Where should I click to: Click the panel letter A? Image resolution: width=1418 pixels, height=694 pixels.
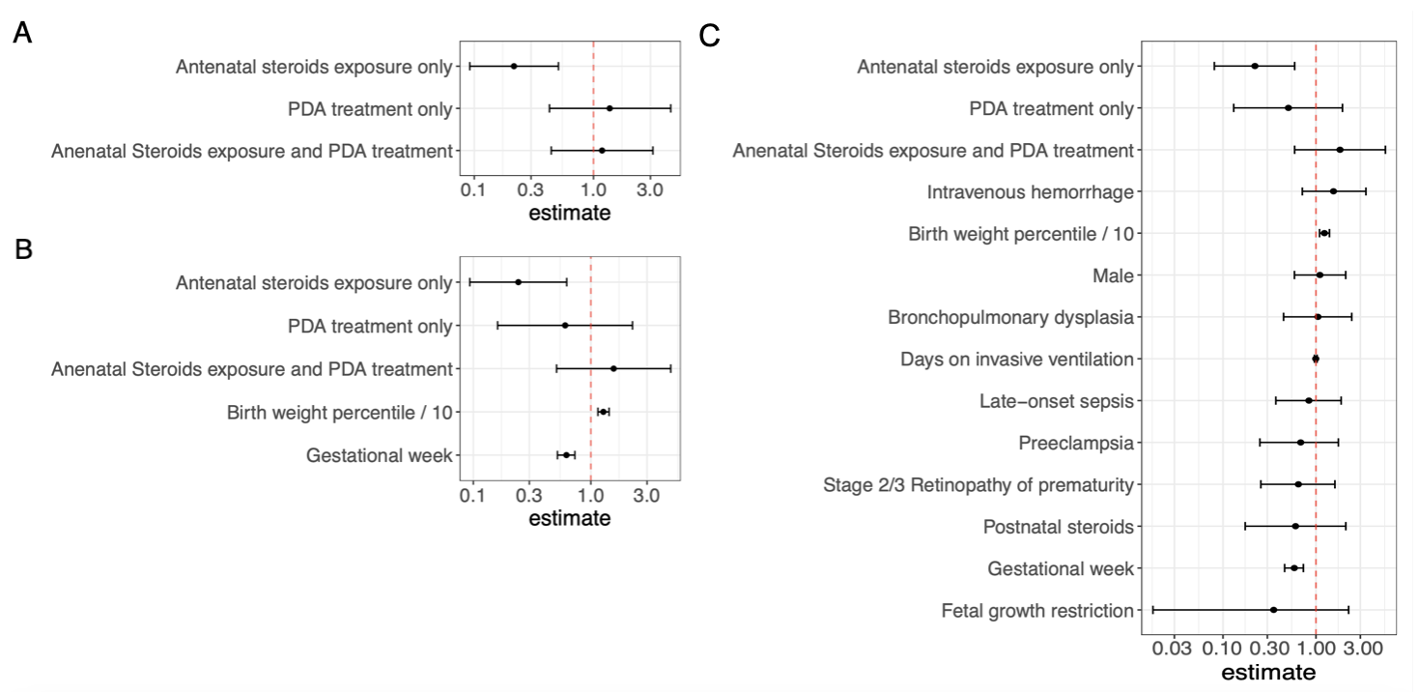(22, 33)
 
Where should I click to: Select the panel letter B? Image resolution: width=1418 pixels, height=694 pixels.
(23, 249)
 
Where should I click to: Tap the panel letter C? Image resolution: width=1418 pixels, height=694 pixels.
(710, 36)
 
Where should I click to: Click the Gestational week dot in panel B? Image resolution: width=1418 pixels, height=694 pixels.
(567, 454)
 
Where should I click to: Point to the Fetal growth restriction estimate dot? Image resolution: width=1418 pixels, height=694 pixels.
(1274, 610)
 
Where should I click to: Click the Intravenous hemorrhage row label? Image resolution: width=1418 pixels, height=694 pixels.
(1030, 191)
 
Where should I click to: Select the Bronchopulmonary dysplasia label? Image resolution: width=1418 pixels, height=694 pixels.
(1010, 317)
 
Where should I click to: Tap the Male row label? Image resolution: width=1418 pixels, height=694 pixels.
(1113, 275)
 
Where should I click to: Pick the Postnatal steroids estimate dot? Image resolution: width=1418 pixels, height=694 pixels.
(1295, 526)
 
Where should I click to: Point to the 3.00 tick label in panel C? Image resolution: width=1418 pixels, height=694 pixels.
(1363, 649)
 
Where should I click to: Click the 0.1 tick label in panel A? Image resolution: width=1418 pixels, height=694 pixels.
(473, 190)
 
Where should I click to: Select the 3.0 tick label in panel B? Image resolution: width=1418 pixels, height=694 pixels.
(646, 495)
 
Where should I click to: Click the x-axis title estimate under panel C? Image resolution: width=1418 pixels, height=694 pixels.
(1268, 672)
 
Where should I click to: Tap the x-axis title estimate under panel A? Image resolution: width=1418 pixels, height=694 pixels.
(570, 213)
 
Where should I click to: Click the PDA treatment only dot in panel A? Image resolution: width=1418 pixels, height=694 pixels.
(610, 108)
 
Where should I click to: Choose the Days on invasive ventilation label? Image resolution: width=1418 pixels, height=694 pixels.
(1017, 359)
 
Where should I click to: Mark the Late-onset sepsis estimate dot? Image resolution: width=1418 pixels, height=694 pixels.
(1309, 400)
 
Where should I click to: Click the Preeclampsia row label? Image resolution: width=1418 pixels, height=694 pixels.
(1076, 444)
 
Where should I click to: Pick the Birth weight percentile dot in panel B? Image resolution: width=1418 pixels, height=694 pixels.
(604, 412)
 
